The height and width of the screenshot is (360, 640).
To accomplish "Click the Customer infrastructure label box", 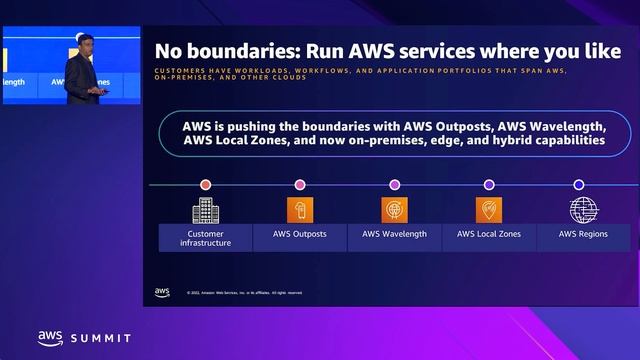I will tap(205, 238).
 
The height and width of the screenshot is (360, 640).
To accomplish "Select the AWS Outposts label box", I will tap(300, 234).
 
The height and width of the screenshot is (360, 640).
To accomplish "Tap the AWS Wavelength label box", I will tap(394, 234).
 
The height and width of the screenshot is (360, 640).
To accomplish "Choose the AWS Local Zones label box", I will tap(489, 234).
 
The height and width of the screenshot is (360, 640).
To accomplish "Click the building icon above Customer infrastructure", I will tap(205, 209).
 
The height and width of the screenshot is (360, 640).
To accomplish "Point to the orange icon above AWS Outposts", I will tap(300, 209).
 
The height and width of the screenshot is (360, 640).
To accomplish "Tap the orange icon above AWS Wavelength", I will tap(394, 209).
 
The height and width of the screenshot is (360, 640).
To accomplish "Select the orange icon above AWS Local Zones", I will tap(489, 209).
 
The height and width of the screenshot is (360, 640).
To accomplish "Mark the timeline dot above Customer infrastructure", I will tap(205, 185).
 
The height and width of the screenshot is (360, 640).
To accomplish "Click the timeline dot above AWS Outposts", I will tap(300, 185).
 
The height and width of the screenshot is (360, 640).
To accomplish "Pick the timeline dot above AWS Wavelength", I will tap(394, 185).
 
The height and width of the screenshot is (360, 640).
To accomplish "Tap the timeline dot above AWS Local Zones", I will tap(489, 185).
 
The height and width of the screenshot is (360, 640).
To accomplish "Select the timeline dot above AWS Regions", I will tap(579, 185).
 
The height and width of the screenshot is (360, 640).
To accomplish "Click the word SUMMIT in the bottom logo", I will tap(100, 339).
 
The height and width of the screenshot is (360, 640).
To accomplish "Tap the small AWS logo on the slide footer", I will tap(162, 292).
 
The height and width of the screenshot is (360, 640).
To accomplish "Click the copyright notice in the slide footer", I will tap(244, 293).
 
